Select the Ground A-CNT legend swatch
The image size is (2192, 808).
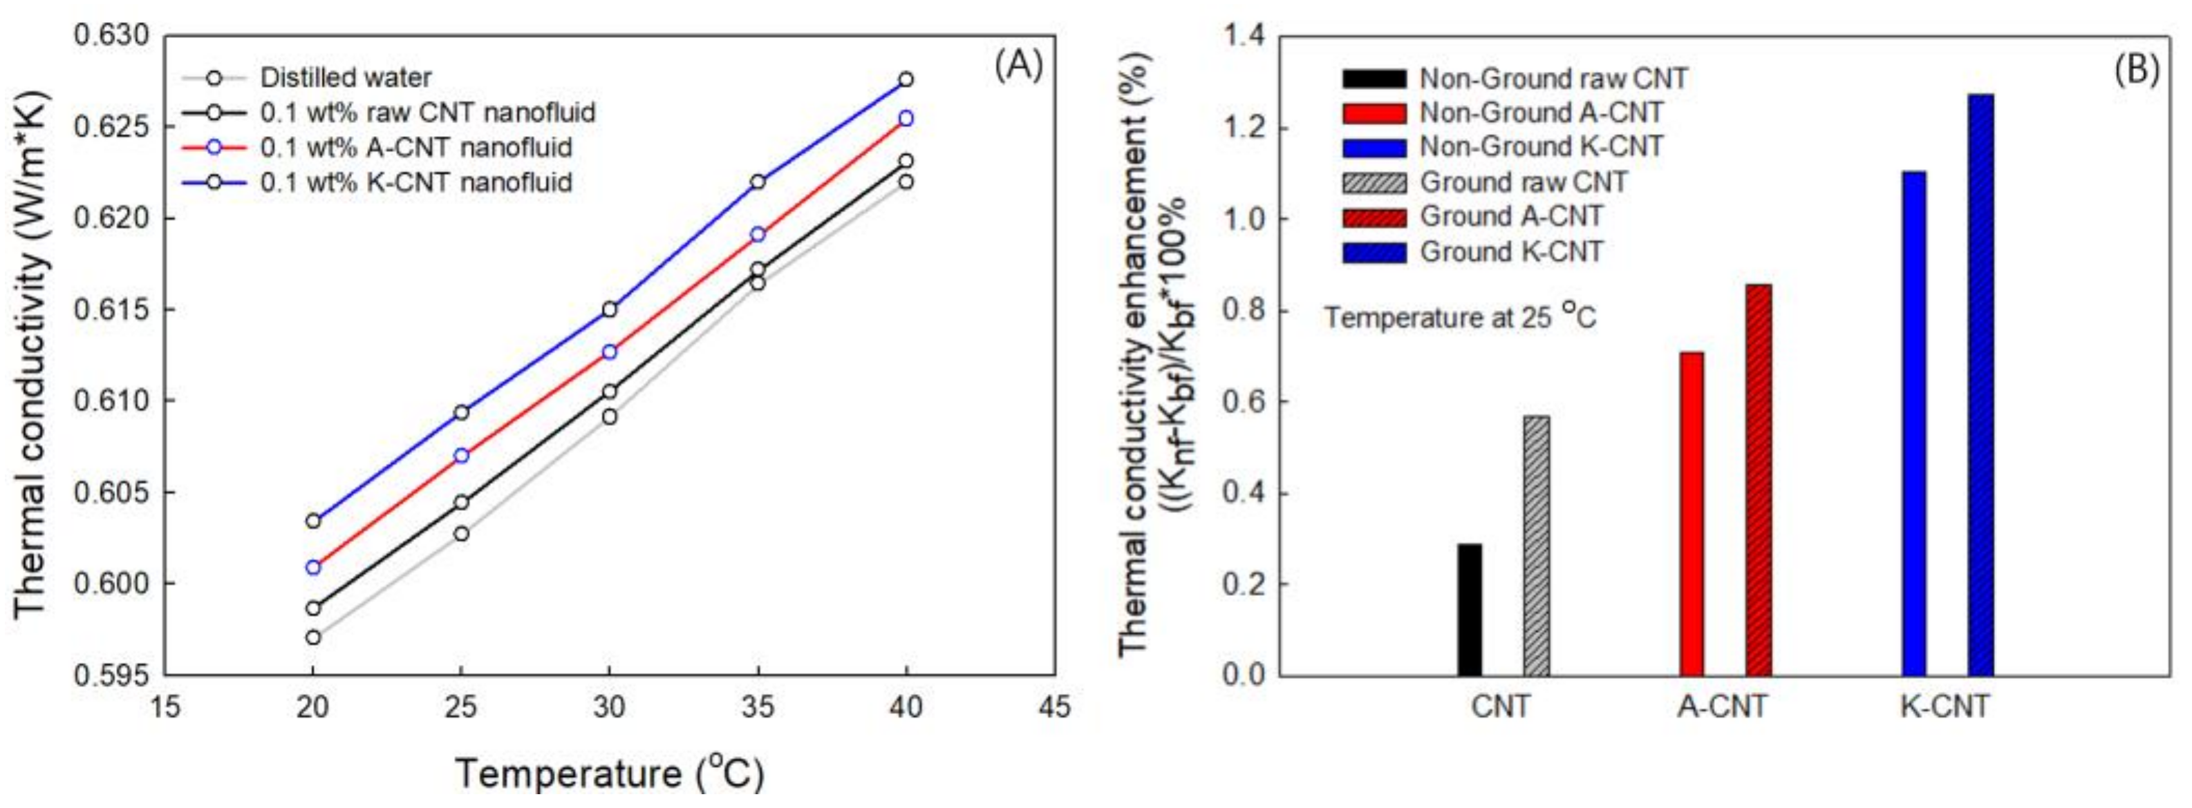(1374, 217)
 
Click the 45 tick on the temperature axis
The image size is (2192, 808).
(1055, 706)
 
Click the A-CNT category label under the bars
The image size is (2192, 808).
(1723, 706)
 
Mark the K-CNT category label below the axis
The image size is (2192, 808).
(1945, 706)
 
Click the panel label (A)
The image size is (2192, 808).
(1018, 66)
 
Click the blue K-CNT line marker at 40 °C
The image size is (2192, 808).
(906, 79)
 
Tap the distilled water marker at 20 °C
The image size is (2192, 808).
(313, 637)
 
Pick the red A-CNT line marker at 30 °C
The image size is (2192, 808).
(609, 352)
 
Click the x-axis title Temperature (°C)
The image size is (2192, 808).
(609, 772)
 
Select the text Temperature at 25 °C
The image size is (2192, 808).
(1459, 317)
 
